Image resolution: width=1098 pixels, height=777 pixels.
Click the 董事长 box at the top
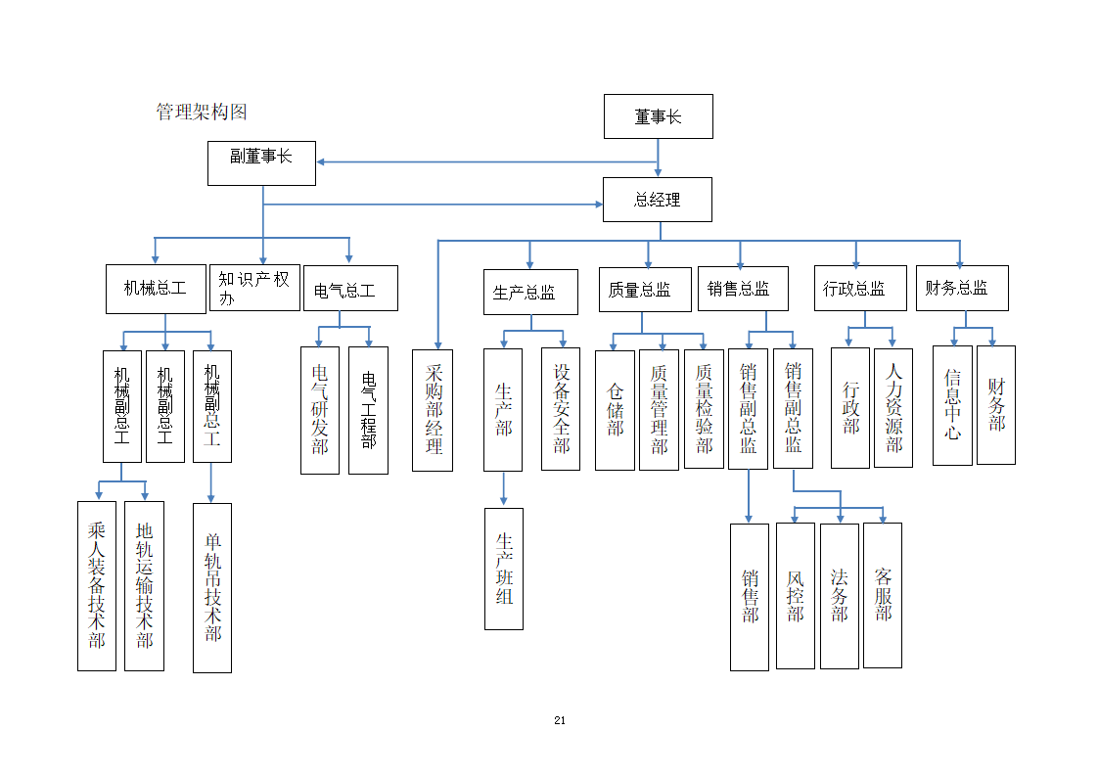[658, 116]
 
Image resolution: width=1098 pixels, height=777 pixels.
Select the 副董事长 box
[261, 162]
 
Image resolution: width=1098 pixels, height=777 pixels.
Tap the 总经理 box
[657, 200]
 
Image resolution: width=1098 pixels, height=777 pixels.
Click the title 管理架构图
[202, 112]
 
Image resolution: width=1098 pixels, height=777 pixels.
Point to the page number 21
[560, 720]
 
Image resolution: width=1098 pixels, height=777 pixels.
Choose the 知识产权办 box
[254, 288]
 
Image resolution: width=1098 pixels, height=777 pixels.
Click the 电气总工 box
[350, 289]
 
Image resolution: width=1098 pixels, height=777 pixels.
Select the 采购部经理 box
[433, 410]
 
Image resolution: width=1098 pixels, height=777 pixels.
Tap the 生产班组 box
[504, 569]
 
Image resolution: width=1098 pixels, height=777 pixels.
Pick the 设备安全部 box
[561, 408]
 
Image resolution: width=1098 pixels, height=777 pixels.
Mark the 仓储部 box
[615, 410]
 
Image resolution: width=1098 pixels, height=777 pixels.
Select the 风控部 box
[795, 595]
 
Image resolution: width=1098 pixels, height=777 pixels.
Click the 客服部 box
[883, 595]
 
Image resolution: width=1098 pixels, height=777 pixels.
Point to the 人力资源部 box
[892, 408]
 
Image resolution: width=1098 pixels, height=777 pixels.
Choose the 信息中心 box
[952, 405]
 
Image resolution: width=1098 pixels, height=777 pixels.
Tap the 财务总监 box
[961, 288]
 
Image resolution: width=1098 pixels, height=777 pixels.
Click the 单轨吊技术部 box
[212, 587]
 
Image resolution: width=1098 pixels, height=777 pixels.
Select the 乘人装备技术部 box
[96, 585]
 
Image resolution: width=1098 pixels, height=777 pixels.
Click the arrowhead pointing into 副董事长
[321, 162]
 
